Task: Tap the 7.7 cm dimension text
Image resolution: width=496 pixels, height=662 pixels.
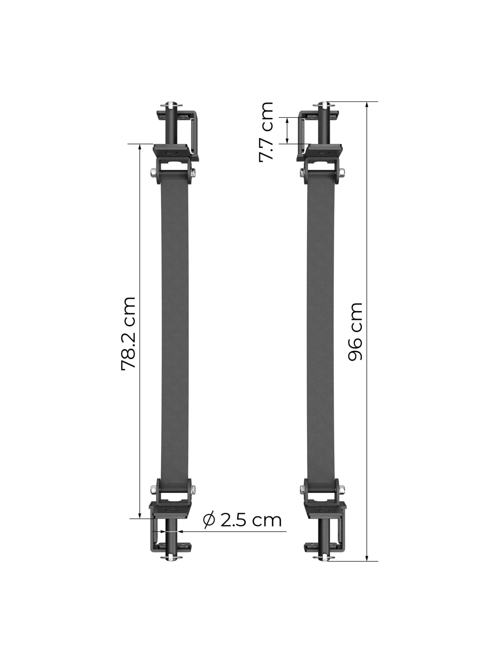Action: [266, 132]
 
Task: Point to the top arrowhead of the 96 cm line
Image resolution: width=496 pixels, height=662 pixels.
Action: [367, 104]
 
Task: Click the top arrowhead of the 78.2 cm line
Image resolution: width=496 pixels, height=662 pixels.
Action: [140, 147]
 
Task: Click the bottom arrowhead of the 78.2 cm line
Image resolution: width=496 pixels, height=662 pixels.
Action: [140, 515]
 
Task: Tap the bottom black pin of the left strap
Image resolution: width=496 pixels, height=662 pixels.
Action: [173, 536]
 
